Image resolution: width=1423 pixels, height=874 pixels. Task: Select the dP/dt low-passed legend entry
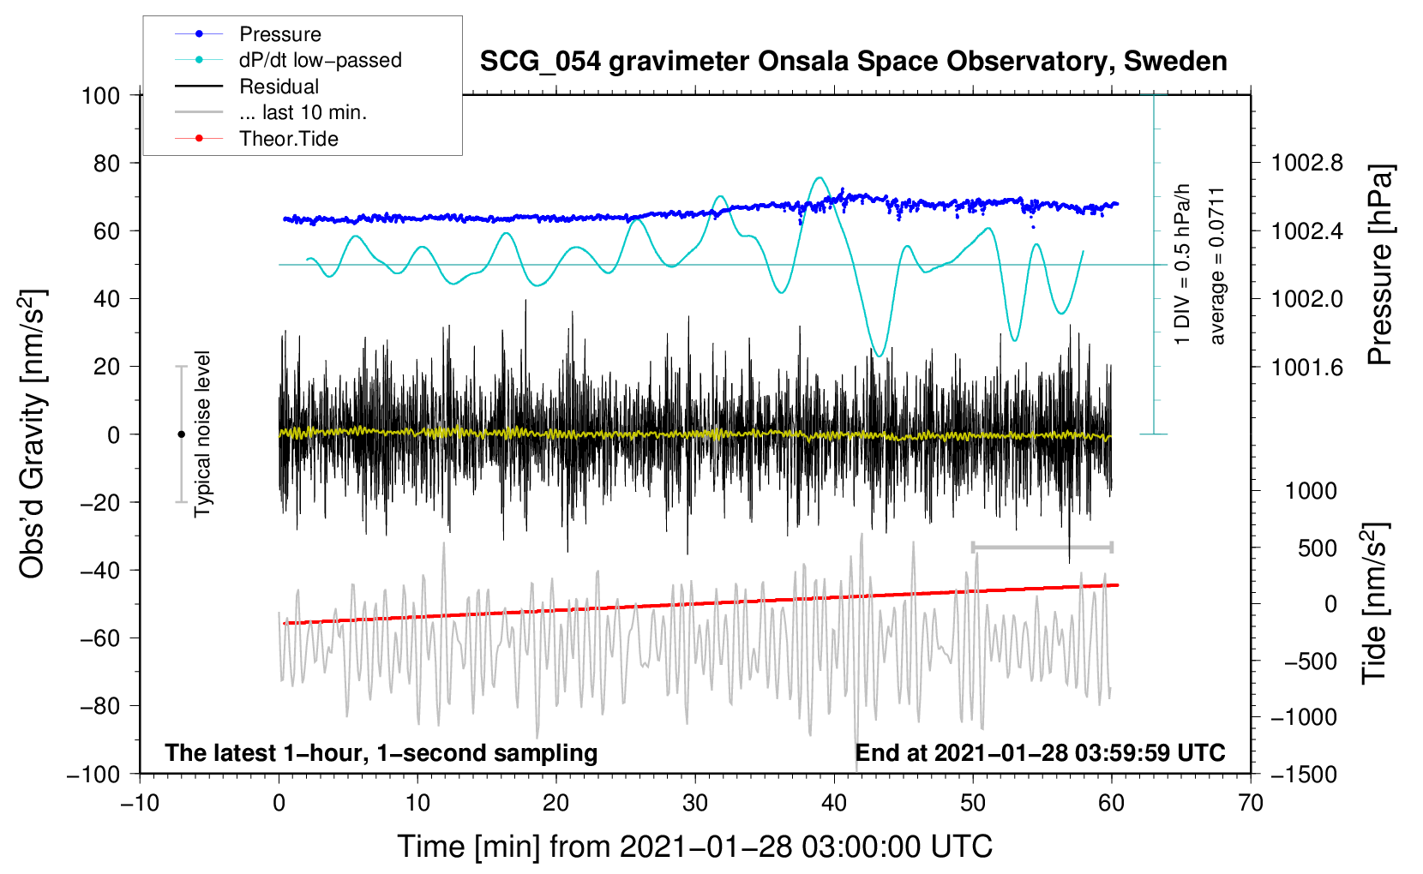[320, 60]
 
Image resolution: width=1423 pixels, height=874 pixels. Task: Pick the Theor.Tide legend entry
[288, 139]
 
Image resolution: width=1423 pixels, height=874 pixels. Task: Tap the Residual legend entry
[279, 87]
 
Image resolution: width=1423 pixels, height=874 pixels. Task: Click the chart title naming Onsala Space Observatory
[853, 62]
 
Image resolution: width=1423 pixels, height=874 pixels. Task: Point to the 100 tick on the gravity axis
[100, 95]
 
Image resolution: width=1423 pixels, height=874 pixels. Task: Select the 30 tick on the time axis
[695, 803]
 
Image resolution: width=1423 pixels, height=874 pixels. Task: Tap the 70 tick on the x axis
[1251, 803]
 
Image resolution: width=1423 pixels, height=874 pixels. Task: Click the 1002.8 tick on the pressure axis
[1306, 163]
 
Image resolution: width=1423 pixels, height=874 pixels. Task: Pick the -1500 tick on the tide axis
[1304, 774]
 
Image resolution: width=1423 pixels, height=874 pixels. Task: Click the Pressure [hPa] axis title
[1379, 266]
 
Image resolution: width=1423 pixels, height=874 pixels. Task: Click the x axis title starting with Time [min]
[694, 847]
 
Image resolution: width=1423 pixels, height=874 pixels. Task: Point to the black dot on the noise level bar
[181, 434]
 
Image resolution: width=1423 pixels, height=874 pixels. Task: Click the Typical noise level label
[202, 434]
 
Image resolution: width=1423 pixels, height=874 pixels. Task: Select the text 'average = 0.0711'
[1217, 266]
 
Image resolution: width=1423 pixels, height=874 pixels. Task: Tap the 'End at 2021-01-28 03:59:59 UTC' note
[1040, 753]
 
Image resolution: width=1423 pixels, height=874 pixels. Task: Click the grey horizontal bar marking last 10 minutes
[1042, 547]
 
